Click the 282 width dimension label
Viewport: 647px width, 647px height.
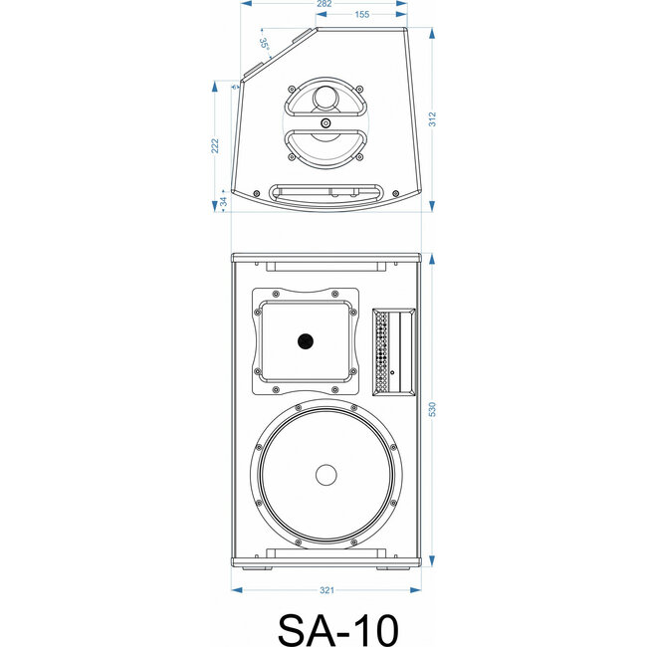[324, 5]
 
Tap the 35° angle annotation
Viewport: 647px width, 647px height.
[263, 45]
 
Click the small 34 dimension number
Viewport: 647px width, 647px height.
[223, 201]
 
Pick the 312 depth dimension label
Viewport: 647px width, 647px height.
[433, 118]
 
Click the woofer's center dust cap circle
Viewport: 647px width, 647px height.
[326, 475]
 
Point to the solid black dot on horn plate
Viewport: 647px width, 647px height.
[304, 341]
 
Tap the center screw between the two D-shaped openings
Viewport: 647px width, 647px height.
[325, 123]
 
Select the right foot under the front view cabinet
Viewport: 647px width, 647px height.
[390, 568]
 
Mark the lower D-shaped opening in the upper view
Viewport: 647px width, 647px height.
[325, 144]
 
